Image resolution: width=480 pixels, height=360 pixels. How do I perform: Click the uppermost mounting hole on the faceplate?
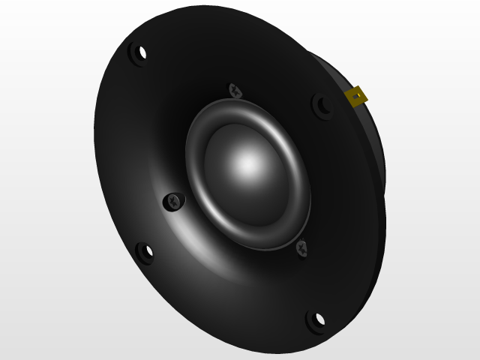(139, 54)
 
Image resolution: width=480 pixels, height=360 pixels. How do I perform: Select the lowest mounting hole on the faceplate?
(316, 320)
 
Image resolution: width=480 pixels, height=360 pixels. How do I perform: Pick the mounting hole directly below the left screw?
(144, 253)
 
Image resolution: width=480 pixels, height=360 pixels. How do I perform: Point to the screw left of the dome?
(174, 201)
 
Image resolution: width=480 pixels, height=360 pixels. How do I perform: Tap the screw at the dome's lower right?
(301, 247)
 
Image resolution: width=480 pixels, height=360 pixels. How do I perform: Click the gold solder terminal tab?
(355, 96)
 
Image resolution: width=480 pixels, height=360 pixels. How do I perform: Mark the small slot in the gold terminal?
(355, 94)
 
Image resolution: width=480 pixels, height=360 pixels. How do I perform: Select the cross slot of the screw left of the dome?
(174, 201)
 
